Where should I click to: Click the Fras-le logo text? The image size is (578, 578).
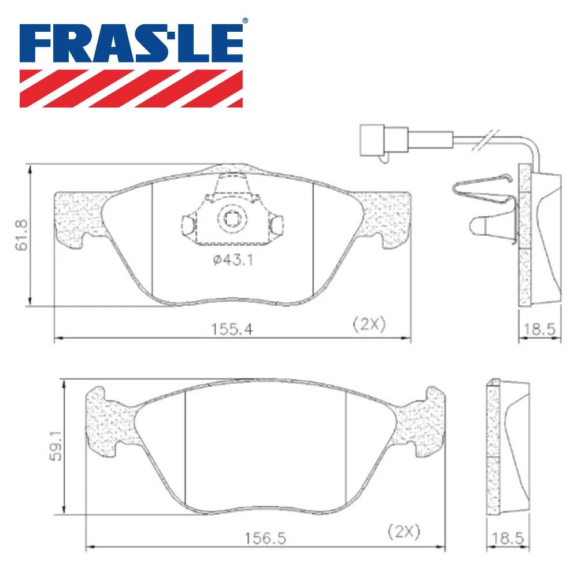tap(131, 44)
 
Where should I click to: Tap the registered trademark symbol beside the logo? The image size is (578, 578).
tap(245, 21)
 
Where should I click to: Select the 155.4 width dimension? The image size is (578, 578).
tap(232, 329)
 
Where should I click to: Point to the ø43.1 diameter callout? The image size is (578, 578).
tap(233, 260)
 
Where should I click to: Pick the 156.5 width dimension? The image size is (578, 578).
tap(265, 538)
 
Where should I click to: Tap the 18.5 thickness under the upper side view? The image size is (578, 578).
tap(539, 329)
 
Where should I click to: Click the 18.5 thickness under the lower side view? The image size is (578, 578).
tap(507, 538)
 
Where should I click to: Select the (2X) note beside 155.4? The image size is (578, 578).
tap(369, 324)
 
